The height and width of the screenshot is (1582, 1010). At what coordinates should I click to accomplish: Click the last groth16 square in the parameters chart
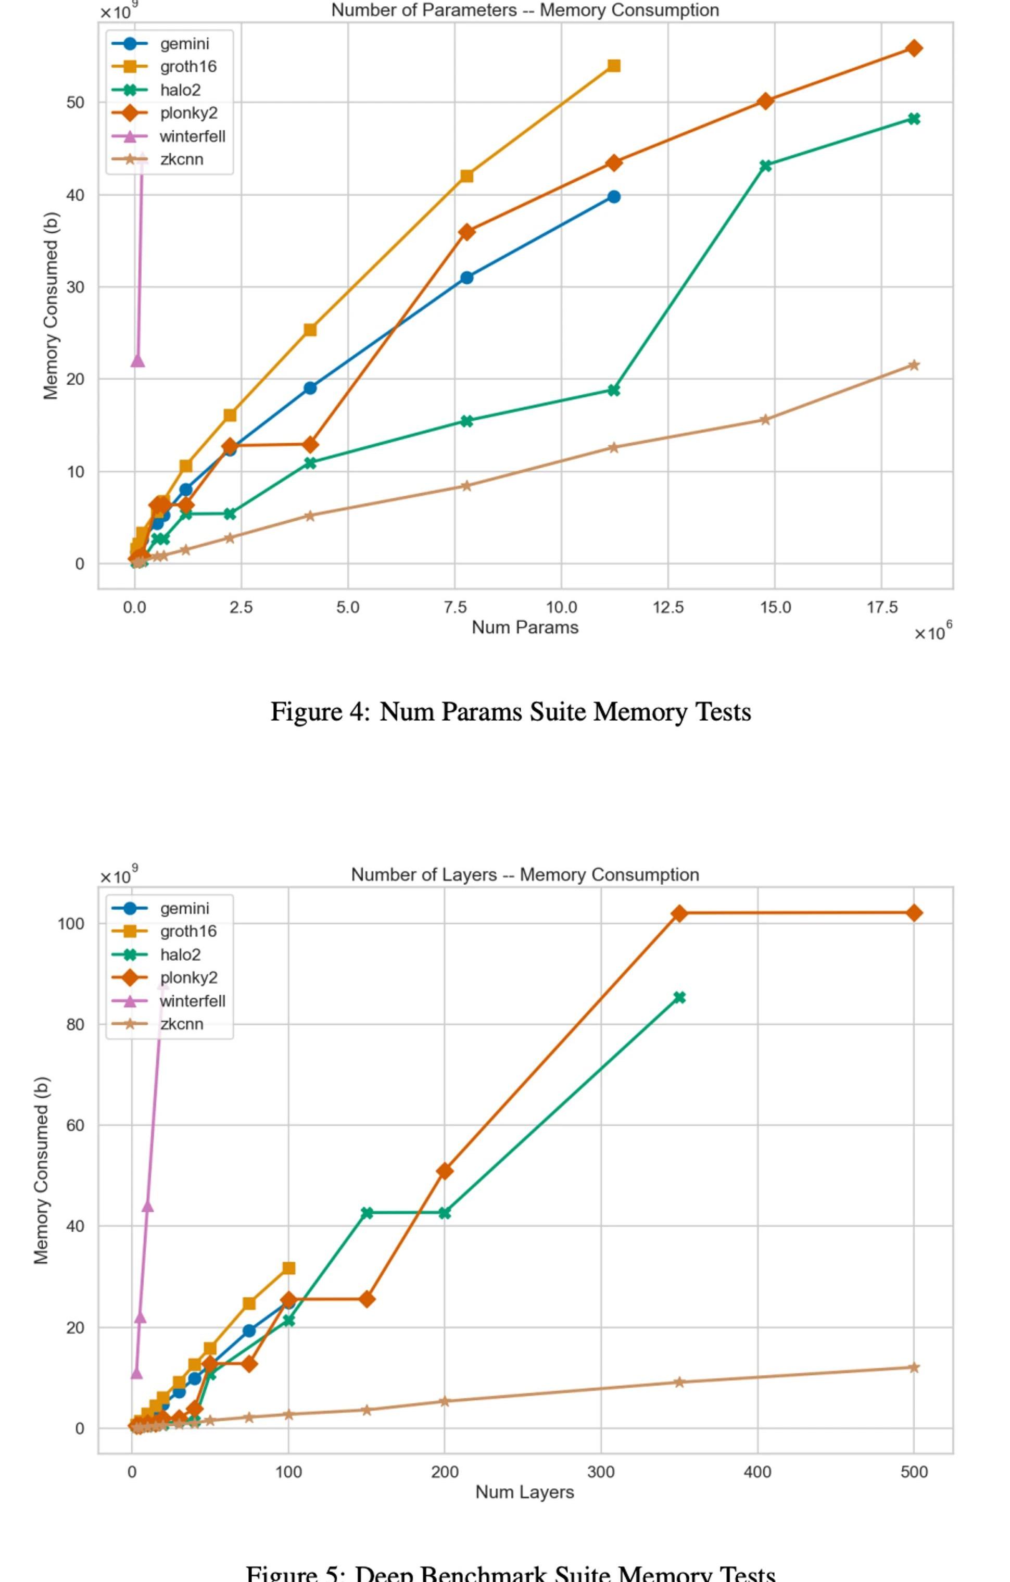pyautogui.click(x=613, y=66)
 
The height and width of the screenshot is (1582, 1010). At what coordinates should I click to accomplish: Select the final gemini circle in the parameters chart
pyautogui.click(x=613, y=196)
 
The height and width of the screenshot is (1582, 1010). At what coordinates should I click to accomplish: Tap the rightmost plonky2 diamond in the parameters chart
pyautogui.click(x=914, y=48)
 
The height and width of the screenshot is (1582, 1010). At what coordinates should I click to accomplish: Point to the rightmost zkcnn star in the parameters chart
pyautogui.click(x=914, y=365)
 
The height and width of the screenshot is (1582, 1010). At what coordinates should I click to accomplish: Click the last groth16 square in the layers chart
pyautogui.click(x=288, y=1268)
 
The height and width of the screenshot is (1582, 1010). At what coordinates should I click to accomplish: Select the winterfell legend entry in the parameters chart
pyautogui.click(x=192, y=136)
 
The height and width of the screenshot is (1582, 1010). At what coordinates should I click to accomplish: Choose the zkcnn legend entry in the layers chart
pyautogui.click(x=181, y=1024)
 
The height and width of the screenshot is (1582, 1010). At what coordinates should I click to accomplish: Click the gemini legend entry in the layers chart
pyautogui.click(x=184, y=909)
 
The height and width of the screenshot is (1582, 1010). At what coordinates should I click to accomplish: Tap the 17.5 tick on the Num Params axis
pyautogui.click(x=881, y=608)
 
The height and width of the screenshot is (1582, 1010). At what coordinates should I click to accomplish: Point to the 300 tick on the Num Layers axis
pyautogui.click(x=601, y=1472)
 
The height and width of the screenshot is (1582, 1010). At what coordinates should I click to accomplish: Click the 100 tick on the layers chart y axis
pyautogui.click(x=71, y=924)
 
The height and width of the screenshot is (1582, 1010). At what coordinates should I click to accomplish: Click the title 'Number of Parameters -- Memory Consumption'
pyautogui.click(x=525, y=10)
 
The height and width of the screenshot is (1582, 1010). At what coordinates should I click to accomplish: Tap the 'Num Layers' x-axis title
pyautogui.click(x=525, y=1492)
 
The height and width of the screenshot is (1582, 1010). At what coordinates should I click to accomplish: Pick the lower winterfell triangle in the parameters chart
pyautogui.click(x=137, y=360)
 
